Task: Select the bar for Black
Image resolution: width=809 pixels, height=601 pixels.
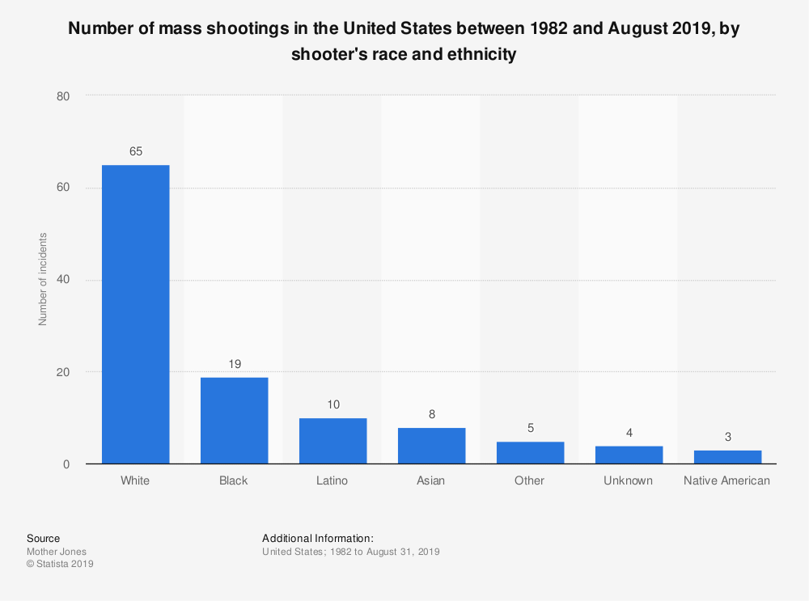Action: click(x=234, y=421)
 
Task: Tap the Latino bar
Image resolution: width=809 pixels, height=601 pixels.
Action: click(x=332, y=441)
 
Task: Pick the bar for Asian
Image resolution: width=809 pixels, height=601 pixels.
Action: click(x=431, y=446)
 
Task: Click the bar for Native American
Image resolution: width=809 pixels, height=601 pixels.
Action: click(x=727, y=457)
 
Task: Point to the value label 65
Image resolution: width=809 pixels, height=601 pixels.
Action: click(x=135, y=151)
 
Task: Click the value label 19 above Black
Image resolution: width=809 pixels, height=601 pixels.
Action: click(x=234, y=363)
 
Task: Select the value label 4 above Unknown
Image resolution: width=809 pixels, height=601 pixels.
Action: click(x=629, y=432)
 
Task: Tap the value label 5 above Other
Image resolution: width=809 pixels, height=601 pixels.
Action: click(x=530, y=428)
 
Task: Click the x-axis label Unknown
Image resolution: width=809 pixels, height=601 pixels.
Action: click(x=629, y=480)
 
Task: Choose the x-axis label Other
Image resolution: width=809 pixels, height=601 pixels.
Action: click(x=530, y=480)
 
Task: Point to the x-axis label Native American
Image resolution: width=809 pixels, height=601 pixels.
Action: click(x=727, y=480)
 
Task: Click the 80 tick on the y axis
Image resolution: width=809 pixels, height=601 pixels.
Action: click(x=63, y=96)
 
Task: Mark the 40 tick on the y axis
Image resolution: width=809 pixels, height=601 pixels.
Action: click(x=63, y=281)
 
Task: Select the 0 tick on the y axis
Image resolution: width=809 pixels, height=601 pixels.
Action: click(x=66, y=464)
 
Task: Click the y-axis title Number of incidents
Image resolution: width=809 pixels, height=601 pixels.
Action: click(x=43, y=279)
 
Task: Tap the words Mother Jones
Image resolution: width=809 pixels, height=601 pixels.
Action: click(x=57, y=552)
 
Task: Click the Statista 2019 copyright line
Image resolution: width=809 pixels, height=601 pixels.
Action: click(x=60, y=564)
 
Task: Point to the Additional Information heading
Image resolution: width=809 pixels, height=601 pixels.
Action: click(x=318, y=538)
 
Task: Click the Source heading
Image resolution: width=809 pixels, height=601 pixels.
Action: click(x=43, y=538)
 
